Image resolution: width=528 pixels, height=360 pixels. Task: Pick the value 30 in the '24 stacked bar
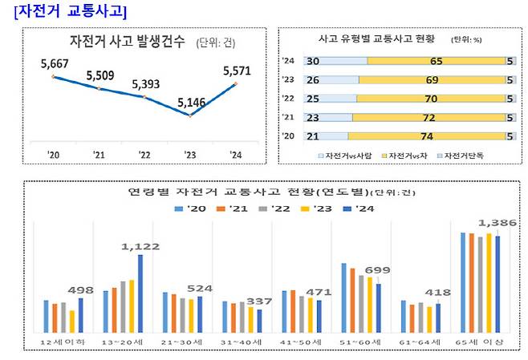[314, 60]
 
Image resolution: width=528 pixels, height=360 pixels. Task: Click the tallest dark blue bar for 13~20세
[140, 293]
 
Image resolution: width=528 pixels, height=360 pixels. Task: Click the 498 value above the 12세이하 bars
[81, 289]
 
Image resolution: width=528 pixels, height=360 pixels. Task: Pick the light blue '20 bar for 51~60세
[344, 297]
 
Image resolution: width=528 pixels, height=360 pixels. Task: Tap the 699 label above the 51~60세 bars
[376, 270]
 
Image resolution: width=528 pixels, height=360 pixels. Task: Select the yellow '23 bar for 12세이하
[72, 321]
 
